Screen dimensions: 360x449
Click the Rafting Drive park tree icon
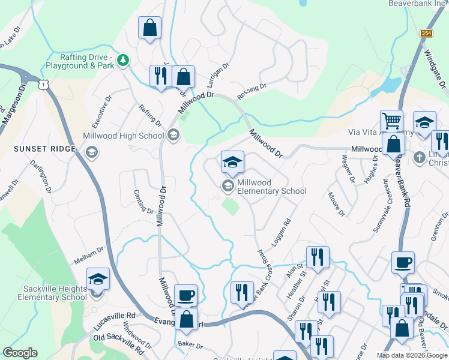tap(123, 60)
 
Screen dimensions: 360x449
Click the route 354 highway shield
tap(426, 33)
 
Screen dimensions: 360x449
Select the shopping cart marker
tap(391, 121)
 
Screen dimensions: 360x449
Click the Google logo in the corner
tap(20, 353)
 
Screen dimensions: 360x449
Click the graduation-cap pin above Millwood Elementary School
tap(232, 161)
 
